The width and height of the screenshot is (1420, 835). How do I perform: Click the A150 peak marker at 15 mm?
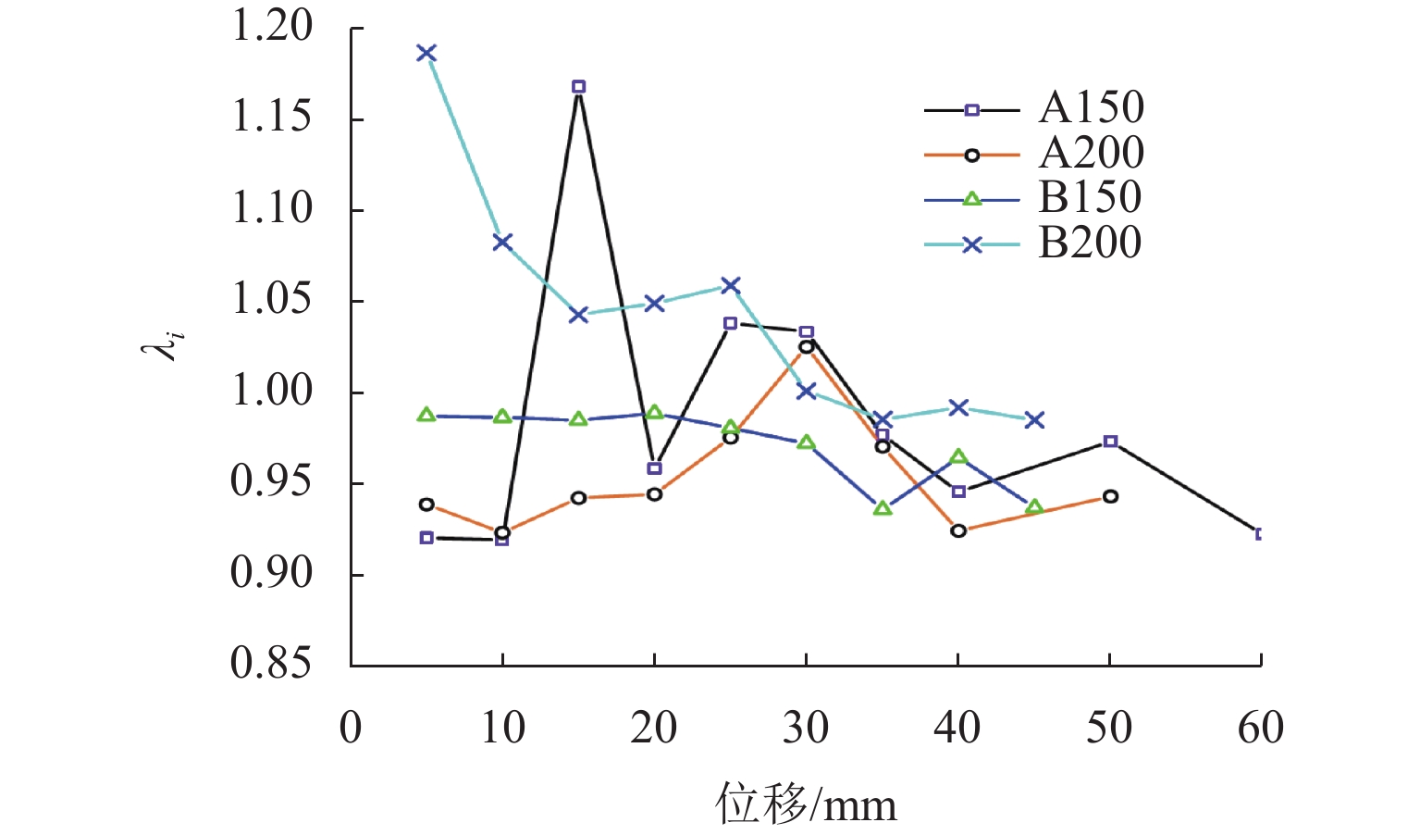(578, 87)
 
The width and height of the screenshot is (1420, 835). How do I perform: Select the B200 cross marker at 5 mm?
(426, 53)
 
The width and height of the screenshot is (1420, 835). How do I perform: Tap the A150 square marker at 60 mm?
(1259, 534)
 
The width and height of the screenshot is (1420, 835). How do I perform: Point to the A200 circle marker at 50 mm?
(1110, 497)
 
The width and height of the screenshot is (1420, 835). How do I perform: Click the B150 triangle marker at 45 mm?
(1034, 507)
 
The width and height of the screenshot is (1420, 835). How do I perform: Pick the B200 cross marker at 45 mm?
(1034, 420)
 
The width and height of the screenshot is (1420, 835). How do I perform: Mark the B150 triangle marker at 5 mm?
(426, 415)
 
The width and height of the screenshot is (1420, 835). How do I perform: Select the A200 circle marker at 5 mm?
(426, 505)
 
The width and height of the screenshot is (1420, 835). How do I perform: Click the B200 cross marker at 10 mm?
(502, 243)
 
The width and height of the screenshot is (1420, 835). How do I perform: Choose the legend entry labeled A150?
(1091, 108)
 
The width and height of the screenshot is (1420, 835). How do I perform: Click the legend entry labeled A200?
(1091, 154)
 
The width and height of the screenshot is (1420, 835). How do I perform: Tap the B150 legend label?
(1090, 198)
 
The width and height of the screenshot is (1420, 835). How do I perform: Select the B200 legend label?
(1090, 243)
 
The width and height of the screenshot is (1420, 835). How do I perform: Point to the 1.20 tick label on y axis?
(272, 27)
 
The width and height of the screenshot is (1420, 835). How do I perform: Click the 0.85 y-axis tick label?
(270, 664)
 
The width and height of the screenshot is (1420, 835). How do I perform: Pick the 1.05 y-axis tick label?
(272, 300)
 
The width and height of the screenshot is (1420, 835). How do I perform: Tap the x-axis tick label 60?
(1260, 729)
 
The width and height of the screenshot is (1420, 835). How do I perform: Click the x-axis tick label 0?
(351, 729)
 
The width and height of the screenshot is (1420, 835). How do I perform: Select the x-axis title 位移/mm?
(806, 804)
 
